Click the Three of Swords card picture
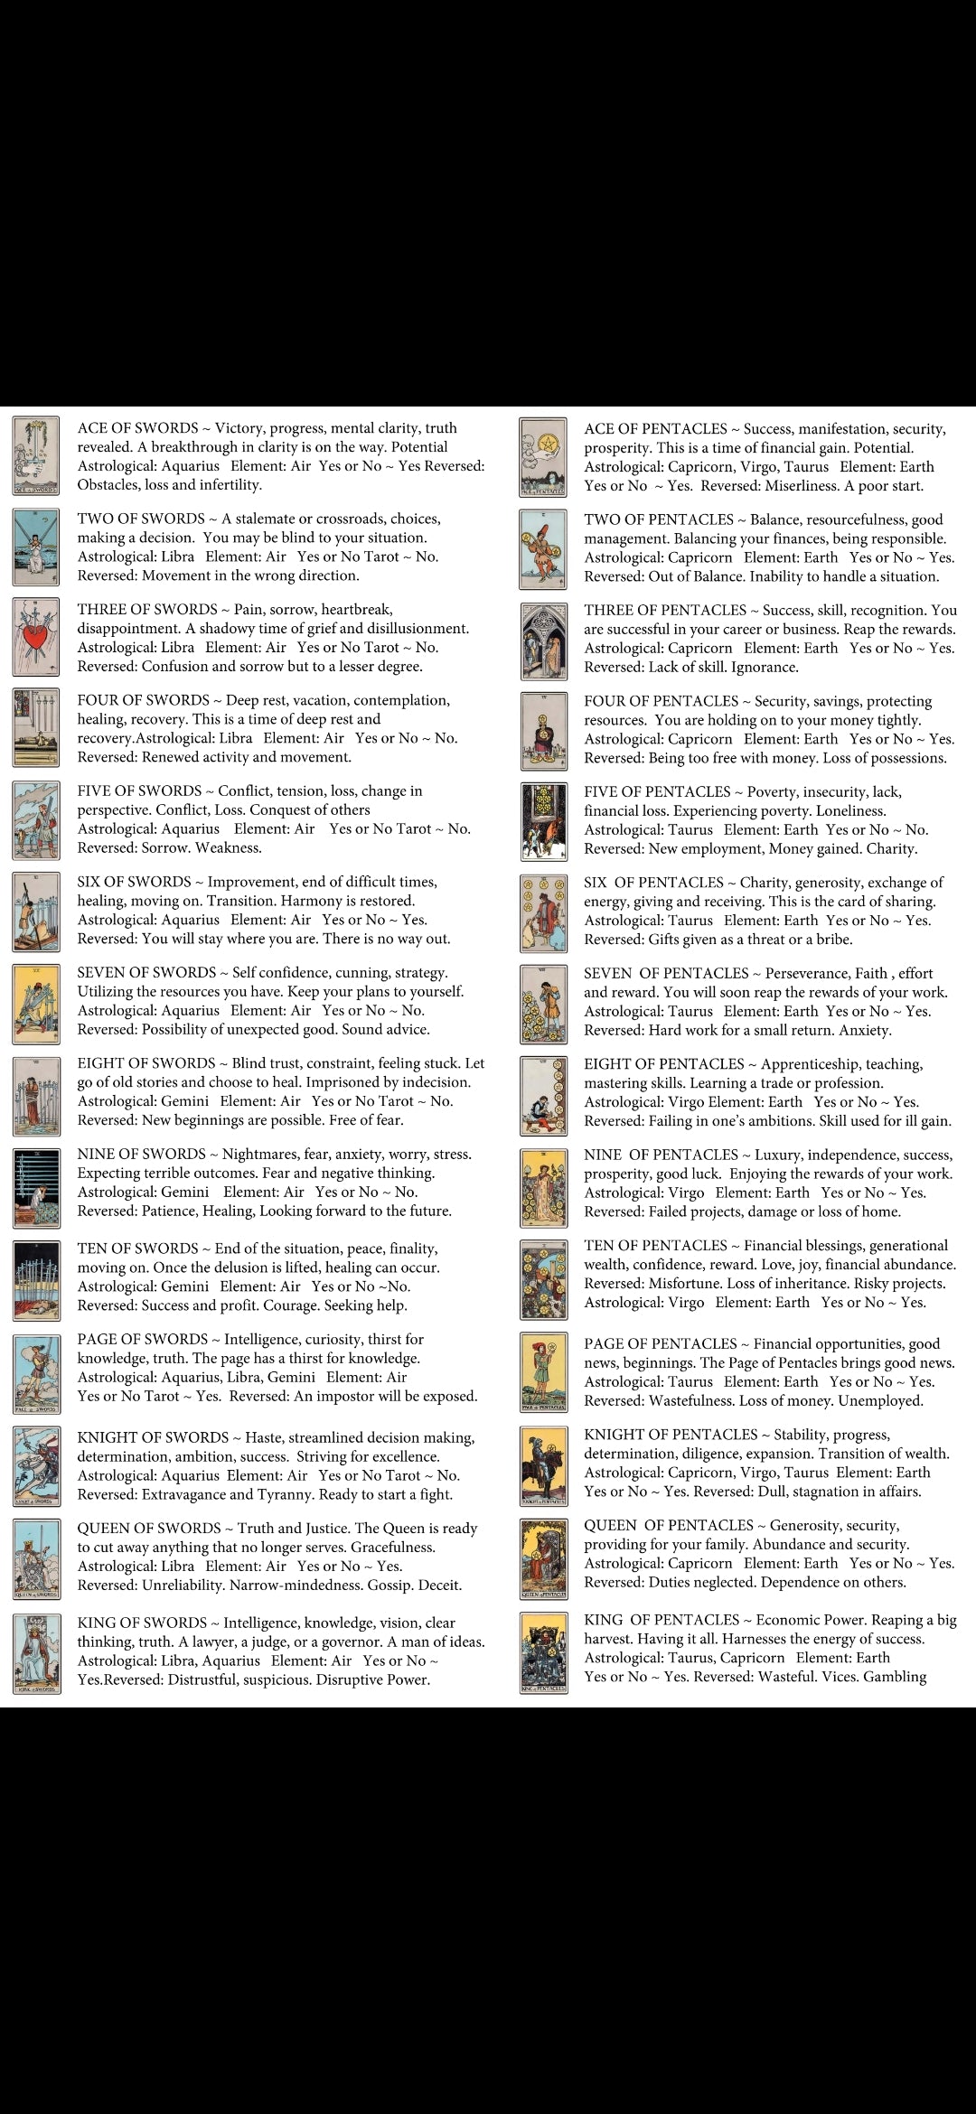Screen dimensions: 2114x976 coord(36,638)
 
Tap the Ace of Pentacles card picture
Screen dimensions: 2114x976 coord(543,457)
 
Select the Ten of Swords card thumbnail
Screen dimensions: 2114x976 coord(36,1281)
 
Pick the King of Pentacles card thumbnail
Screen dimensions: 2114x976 coord(543,1653)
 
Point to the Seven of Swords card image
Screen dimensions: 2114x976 coord(36,1004)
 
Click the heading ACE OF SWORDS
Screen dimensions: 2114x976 coord(137,428)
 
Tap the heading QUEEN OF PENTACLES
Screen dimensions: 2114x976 coord(669,1526)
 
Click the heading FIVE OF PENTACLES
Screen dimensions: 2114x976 coord(657,792)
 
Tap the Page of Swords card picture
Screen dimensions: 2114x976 coord(36,1373)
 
